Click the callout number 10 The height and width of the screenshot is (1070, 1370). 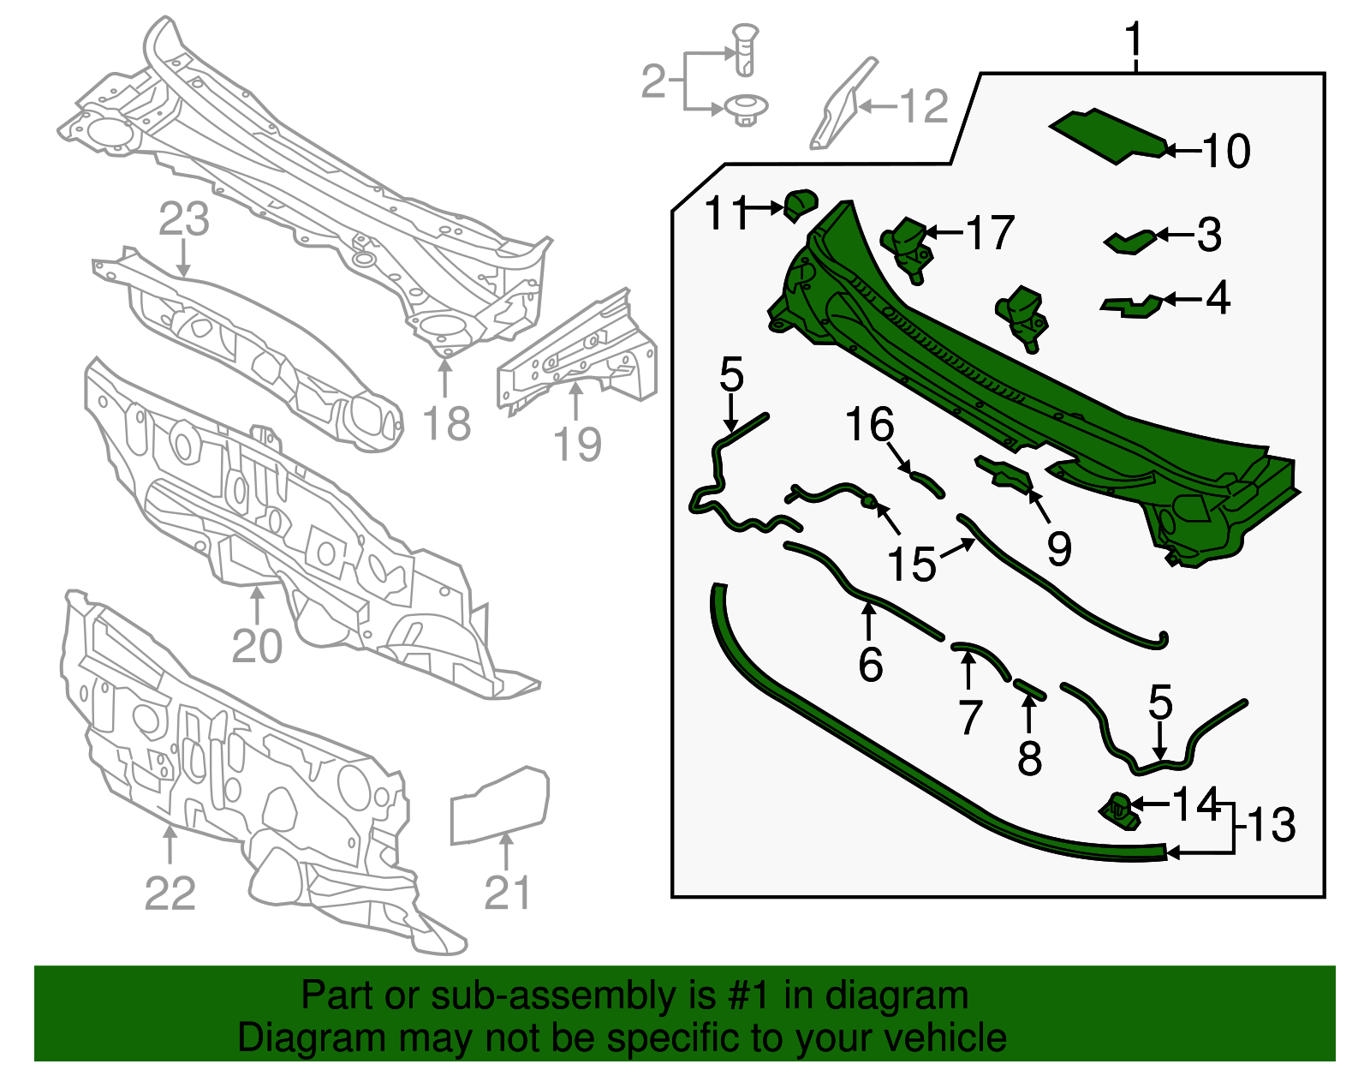pos(1226,152)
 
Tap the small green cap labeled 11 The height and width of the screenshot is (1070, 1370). pos(801,205)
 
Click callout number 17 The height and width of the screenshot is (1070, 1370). pos(990,232)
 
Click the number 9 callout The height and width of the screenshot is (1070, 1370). pos(1059,548)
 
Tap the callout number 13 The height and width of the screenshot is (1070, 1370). pos(1271,825)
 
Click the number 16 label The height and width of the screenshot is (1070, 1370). pos(869,424)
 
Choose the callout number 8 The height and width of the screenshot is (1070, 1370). pos(1029,758)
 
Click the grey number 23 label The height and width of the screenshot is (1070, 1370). pos(183,218)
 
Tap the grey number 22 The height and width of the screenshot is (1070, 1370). pos(170,893)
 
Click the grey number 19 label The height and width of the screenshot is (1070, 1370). pos(577,445)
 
